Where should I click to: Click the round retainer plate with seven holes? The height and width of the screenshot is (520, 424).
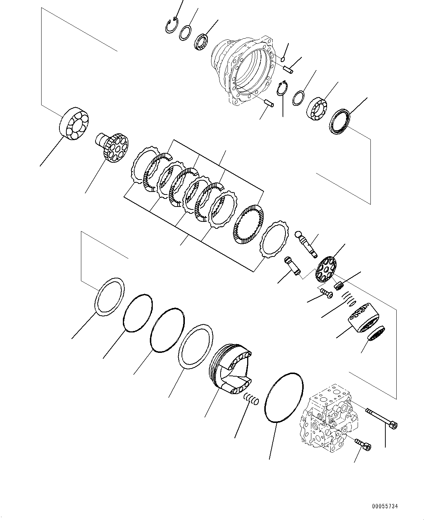(x=326, y=269)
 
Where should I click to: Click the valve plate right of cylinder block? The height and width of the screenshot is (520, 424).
(x=375, y=334)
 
